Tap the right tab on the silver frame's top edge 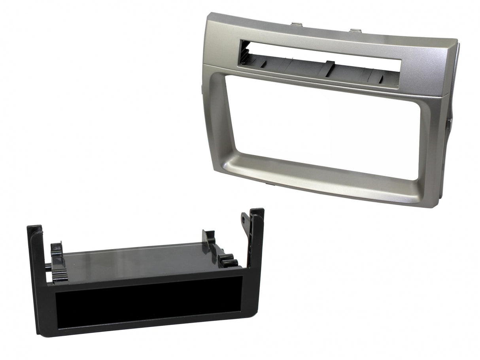355,30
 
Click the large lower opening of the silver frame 324,123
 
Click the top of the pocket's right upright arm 257,212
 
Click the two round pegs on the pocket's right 228,261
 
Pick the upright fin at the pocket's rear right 209,237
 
